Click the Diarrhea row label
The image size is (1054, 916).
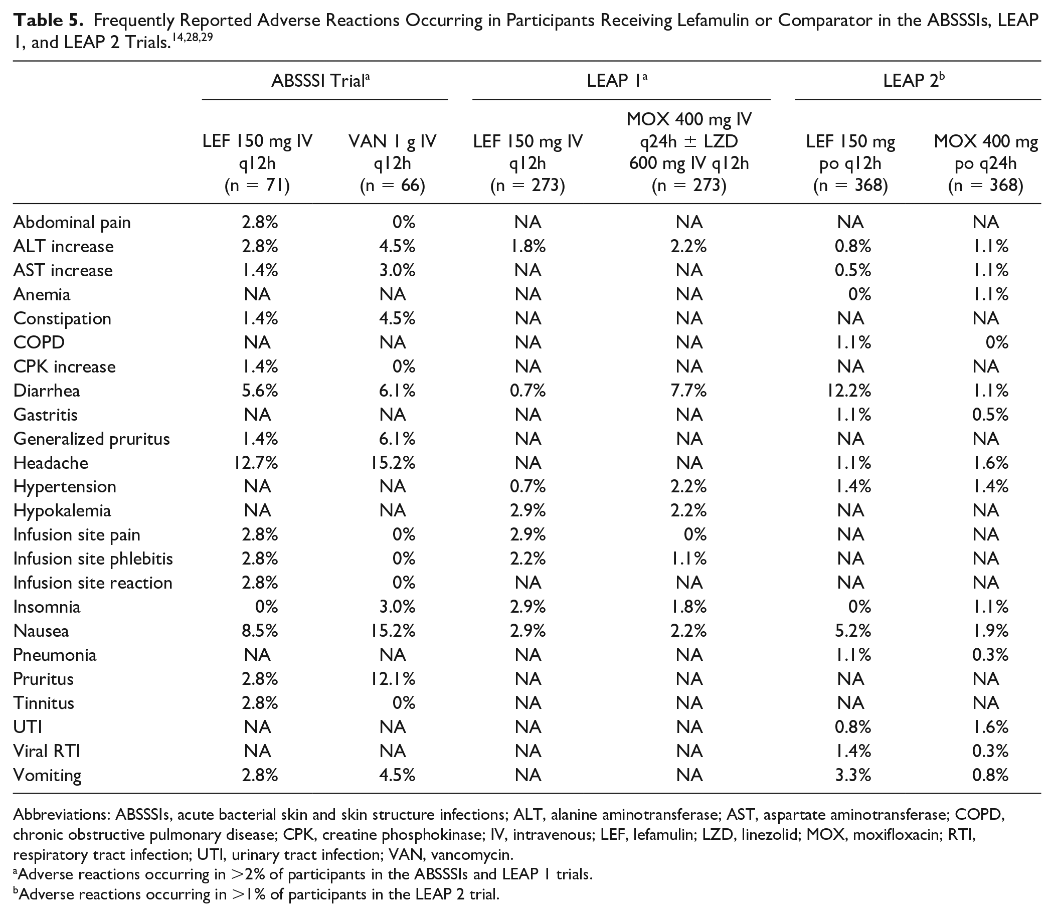click(x=47, y=391)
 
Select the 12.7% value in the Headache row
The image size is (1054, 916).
click(x=256, y=463)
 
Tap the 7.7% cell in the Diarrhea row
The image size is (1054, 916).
click(x=688, y=391)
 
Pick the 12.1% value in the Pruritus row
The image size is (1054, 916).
click(x=393, y=679)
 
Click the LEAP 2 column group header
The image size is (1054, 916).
click(x=914, y=80)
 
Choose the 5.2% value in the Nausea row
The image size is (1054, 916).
click(x=852, y=631)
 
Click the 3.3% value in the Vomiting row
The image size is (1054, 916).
click(x=852, y=775)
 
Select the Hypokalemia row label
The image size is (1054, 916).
click(x=62, y=511)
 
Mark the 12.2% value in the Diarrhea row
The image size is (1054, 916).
click(x=849, y=391)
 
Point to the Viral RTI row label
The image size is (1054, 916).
click(x=47, y=751)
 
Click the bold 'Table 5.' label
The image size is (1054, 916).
click(x=48, y=20)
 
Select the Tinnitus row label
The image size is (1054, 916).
click(x=44, y=703)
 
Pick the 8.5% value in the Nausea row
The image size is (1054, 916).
click(x=260, y=631)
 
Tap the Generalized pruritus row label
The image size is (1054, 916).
click(x=91, y=439)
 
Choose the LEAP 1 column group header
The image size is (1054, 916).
click(x=617, y=80)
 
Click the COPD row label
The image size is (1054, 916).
click(x=39, y=342)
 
